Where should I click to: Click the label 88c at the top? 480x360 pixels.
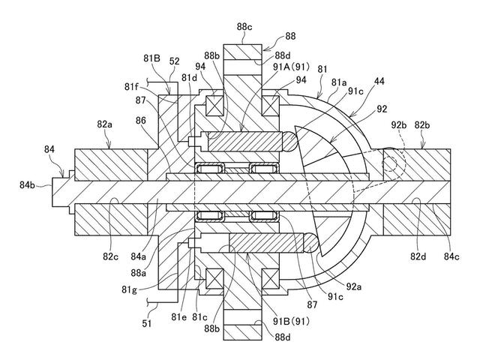[244, 27]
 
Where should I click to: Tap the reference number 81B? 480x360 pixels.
[151, 58]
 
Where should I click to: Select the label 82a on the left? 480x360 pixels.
[105, 124]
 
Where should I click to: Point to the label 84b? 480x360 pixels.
[28, 185]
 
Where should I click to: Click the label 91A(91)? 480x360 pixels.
[292, 67]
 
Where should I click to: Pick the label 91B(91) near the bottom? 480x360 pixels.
[291, 322]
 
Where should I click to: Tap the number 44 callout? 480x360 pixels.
[379, 82]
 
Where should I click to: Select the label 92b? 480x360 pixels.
[399, 125]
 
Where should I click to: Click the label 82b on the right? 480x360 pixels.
[422, 125]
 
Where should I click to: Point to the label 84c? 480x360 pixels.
[451, 256]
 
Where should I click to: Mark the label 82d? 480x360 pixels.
[418, 256]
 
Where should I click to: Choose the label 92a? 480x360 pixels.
[354, 286]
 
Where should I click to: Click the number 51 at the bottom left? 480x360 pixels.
[147, 323]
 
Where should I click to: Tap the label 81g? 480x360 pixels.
[129, 289]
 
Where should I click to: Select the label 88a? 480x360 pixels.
[138, 273]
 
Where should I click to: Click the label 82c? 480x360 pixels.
[110, 256]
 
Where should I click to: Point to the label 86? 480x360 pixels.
[141, 121]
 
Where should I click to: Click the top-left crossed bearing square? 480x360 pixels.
[215, 106]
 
